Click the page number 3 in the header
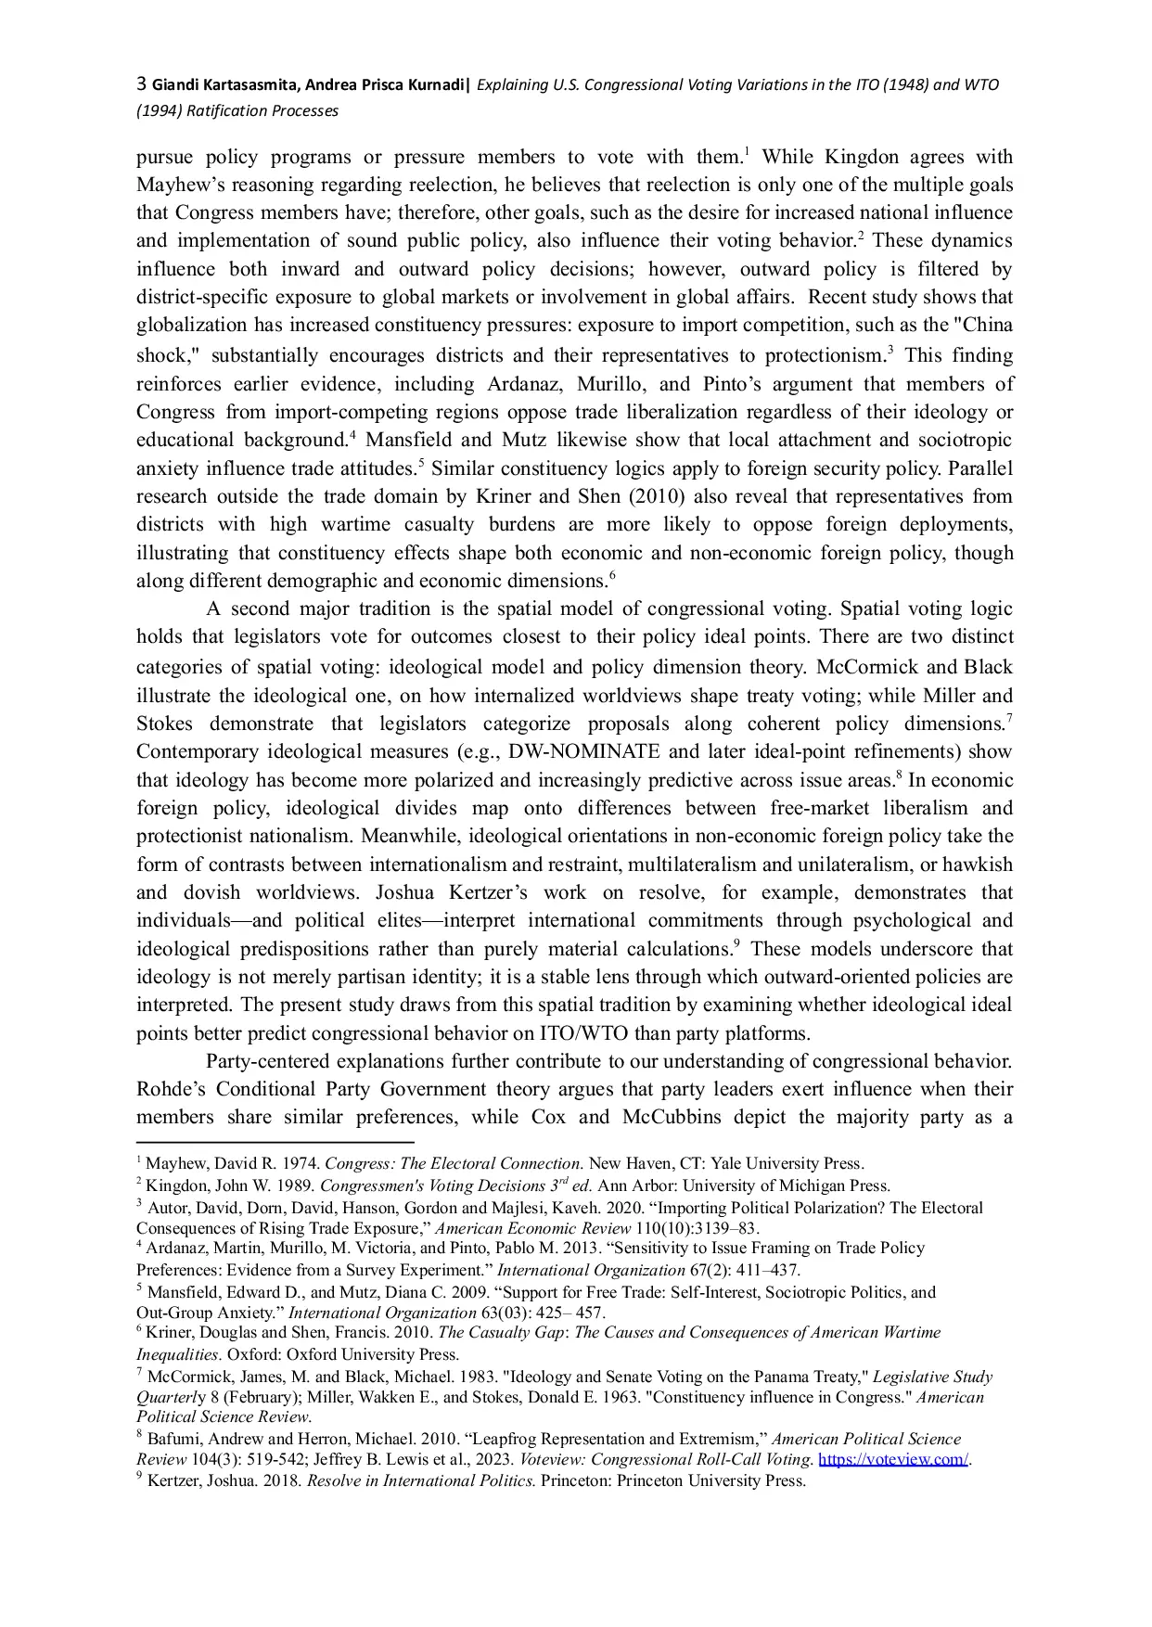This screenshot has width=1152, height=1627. click(142, 84)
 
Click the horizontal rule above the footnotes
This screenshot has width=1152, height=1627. click(275, 1143)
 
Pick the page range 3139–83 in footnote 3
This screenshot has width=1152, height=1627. click(719, 1228)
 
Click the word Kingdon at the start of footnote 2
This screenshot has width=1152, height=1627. click(176, 1185)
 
